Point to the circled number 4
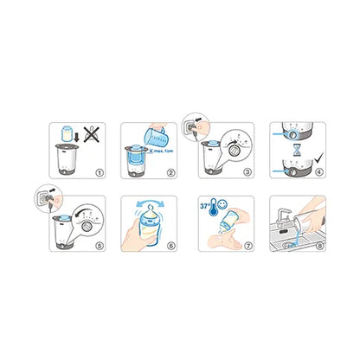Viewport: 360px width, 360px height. point(319,172)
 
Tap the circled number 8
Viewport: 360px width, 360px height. point(319,245)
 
